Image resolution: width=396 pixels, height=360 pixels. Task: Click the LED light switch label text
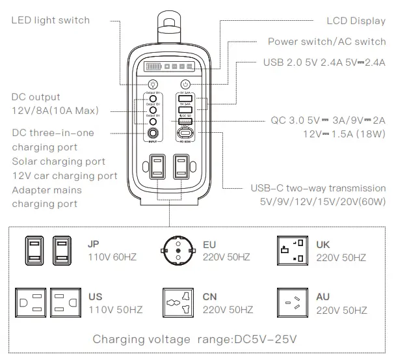point(51,20)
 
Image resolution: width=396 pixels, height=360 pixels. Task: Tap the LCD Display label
point(355,20)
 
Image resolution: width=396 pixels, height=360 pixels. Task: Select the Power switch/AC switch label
point(327,42)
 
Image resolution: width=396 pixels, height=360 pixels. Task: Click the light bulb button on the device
point(153,84)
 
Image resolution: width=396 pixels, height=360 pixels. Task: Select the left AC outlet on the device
point(156,169)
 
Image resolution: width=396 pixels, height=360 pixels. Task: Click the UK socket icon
point(292,250)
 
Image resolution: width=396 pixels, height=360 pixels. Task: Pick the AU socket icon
point(292,303)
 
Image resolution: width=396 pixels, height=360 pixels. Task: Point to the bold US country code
point(94,297)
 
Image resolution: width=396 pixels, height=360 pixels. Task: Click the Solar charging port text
point(58,161)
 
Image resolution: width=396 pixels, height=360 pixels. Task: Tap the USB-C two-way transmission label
point(318,189)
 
